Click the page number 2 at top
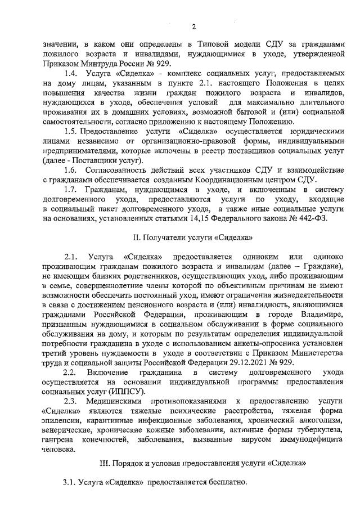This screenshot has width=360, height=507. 193,26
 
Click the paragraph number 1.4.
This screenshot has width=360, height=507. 71,74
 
